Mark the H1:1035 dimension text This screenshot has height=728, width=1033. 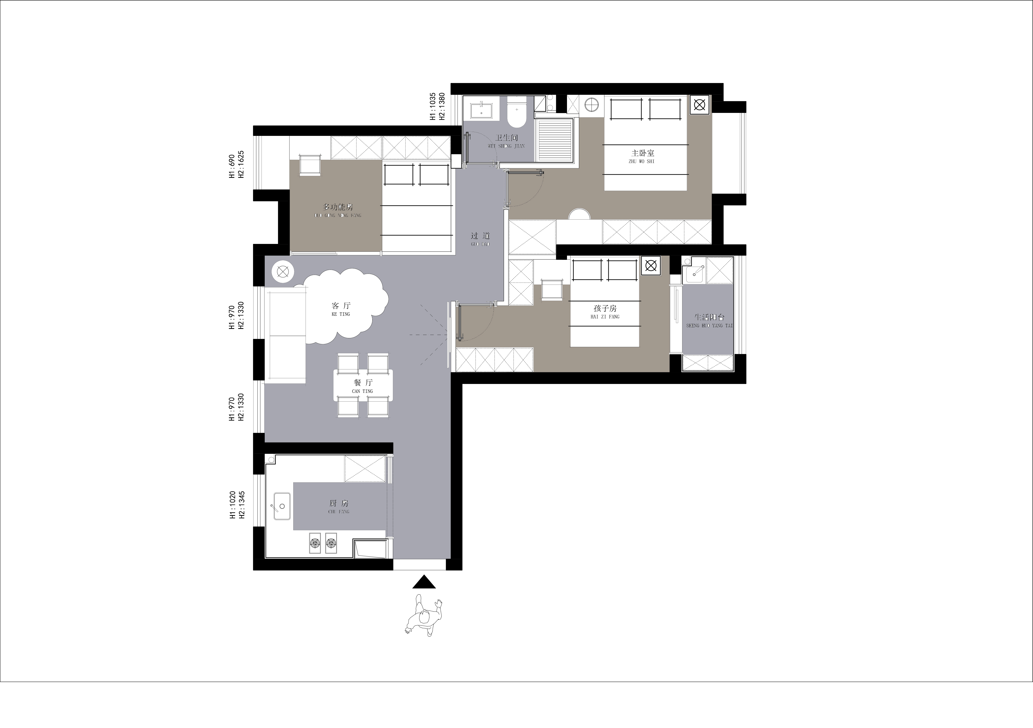coord(433,107)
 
